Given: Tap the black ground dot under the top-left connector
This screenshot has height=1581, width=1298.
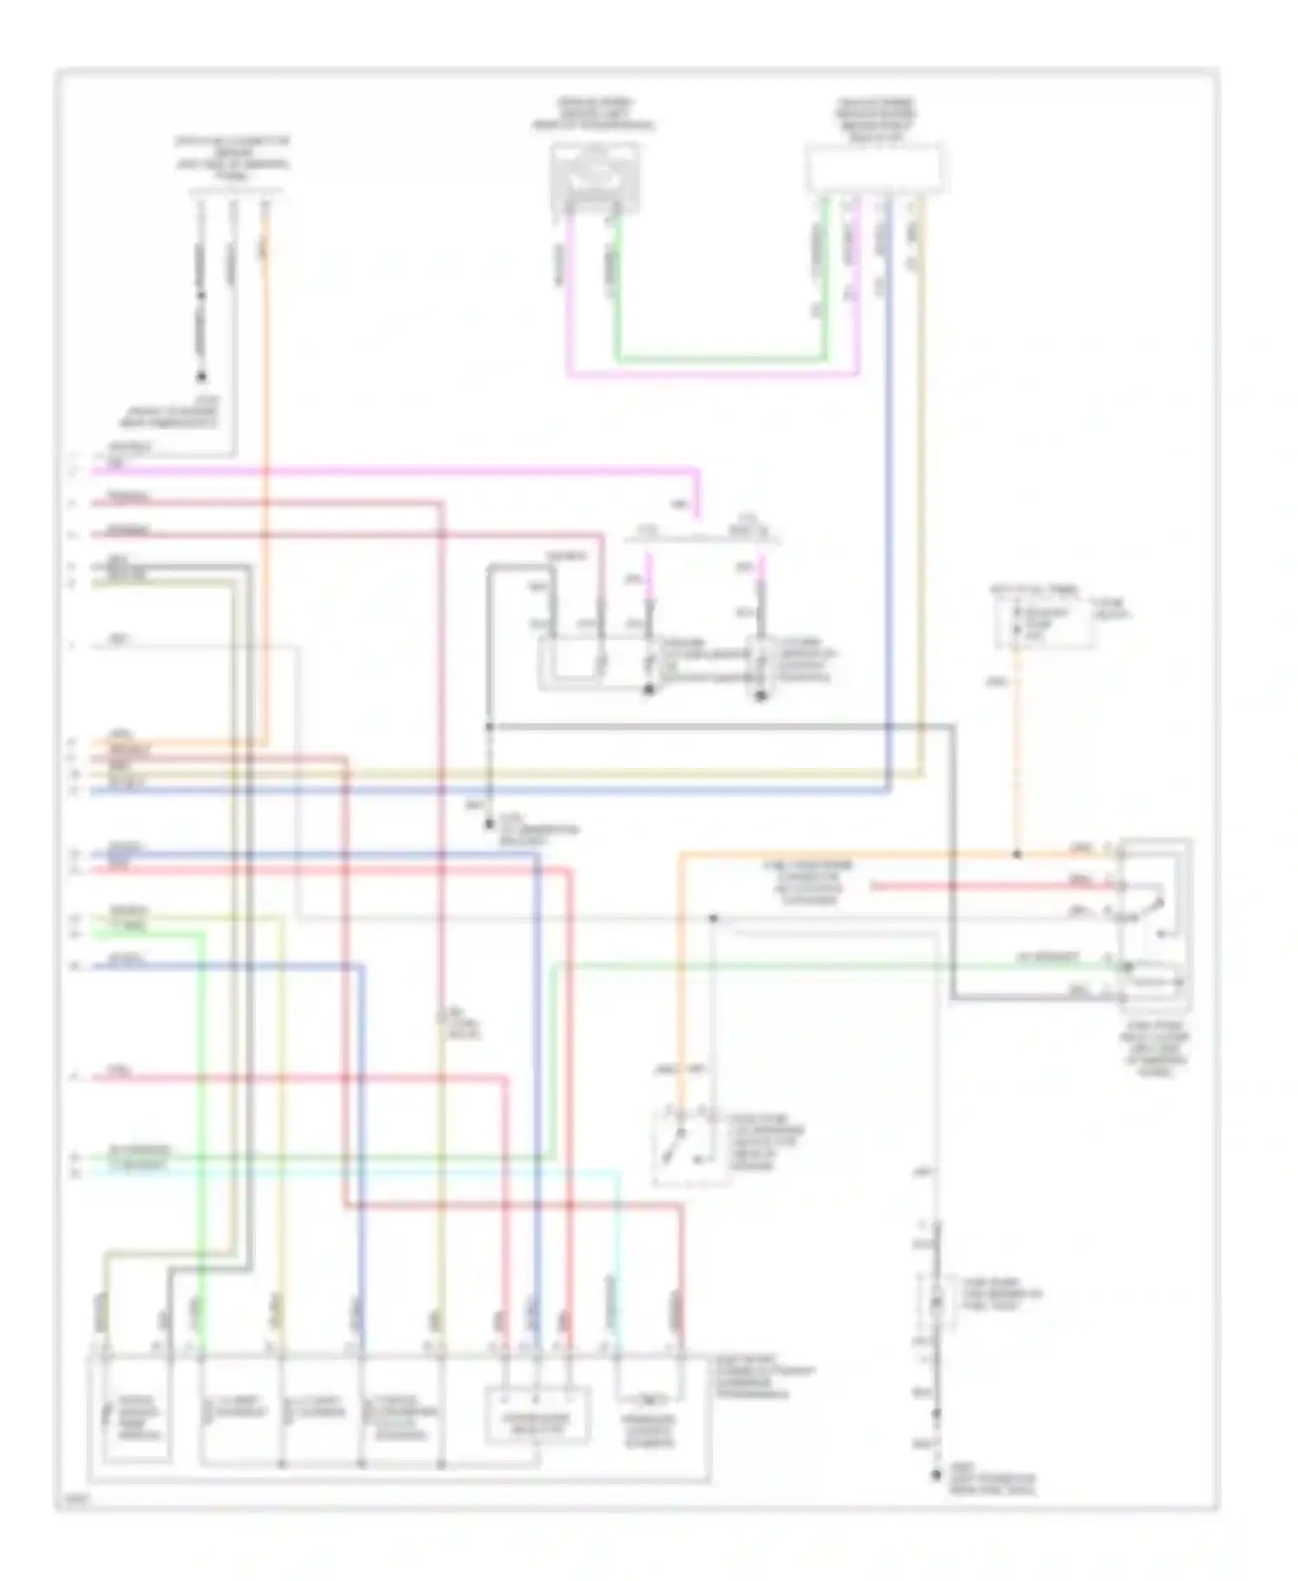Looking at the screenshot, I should tap(202, 377).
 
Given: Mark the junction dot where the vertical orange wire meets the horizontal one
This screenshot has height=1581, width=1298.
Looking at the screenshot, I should tap(1017, 855).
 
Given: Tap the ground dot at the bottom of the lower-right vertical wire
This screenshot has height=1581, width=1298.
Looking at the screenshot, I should tap(935, 1477).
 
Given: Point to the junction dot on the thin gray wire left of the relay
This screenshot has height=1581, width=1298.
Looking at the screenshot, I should tap(714, 918).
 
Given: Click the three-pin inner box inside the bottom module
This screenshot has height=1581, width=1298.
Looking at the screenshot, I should tap(536, 1417).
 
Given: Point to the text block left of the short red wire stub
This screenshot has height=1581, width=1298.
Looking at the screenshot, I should tap(806, 882).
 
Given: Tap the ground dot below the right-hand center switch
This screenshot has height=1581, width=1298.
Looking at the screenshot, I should tap(761, 696).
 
